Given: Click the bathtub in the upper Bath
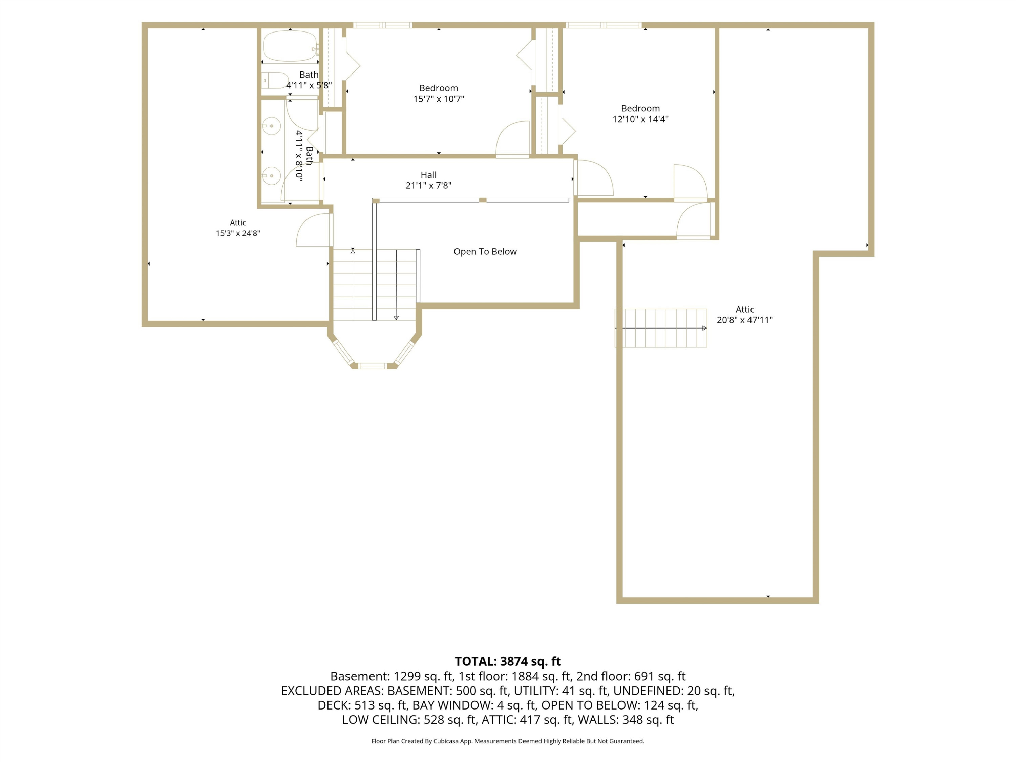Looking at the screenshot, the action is tap(290, 46).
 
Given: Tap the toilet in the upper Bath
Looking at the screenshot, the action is tap(275, 80).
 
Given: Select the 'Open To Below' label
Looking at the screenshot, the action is tap(485, 251).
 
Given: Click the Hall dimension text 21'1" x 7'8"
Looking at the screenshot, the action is tap(428, 186).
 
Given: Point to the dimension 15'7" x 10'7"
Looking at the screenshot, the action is tap(439, 99).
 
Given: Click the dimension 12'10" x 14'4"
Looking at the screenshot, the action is tap(640, 119).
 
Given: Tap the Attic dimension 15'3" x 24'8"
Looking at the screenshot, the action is tap(238, 233).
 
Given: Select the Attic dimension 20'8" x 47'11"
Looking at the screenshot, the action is tap(744, 320).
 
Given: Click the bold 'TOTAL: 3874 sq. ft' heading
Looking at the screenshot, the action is tap(508, 661).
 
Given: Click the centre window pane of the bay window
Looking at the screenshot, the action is tap(373, 366).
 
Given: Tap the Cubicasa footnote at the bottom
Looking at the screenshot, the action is tap(508, 741).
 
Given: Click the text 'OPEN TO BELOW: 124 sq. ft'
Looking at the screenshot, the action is tap(620, 705).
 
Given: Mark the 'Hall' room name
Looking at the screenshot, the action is tap(428, 175).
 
